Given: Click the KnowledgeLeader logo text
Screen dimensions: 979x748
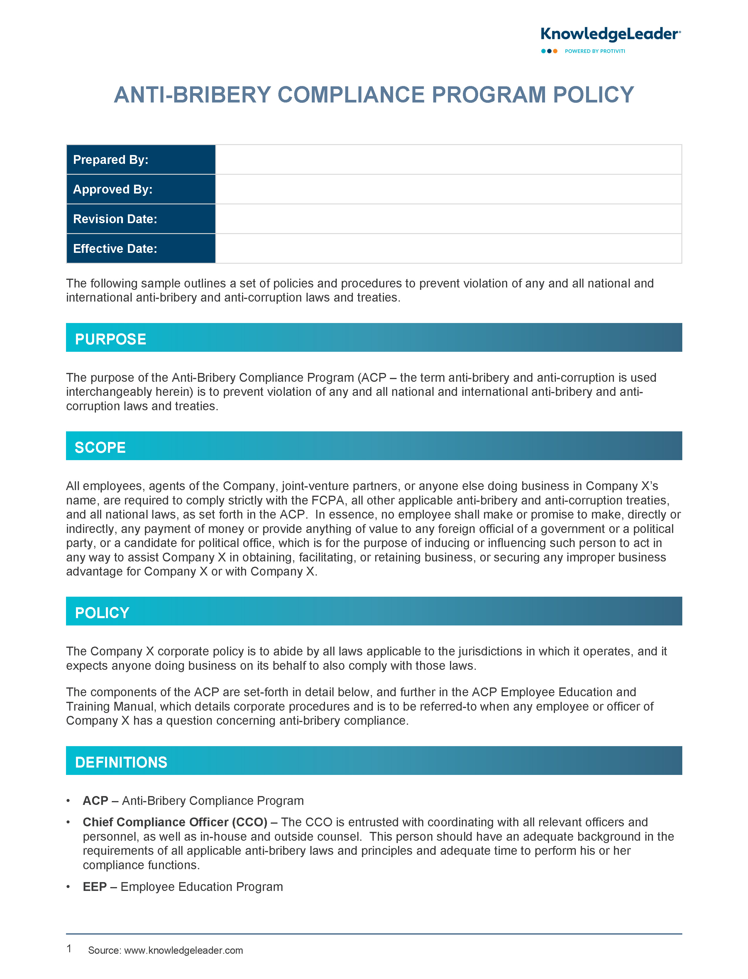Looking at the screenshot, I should pos(610,34).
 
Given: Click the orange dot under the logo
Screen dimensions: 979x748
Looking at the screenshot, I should pos(555,51).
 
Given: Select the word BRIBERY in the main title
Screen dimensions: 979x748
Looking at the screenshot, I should pos(221,95).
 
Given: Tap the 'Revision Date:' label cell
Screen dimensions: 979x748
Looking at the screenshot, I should pos(115,219).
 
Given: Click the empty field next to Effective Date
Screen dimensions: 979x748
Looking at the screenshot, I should pos(448,249).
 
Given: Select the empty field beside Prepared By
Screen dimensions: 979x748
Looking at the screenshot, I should pos(448,159).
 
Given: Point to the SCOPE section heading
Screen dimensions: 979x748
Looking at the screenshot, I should pos(100,448).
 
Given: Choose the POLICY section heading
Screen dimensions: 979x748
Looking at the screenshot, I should pos(102,613).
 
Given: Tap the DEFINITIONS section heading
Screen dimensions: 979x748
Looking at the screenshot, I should pos(121,762).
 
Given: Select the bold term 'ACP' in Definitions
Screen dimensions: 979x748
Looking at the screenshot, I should pos(95,801).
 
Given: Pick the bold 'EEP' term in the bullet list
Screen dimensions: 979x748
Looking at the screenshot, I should pos(94,887).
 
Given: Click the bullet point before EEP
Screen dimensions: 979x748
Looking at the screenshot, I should pos(68,887).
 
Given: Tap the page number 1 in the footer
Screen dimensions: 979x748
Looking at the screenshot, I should pos(69,949).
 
